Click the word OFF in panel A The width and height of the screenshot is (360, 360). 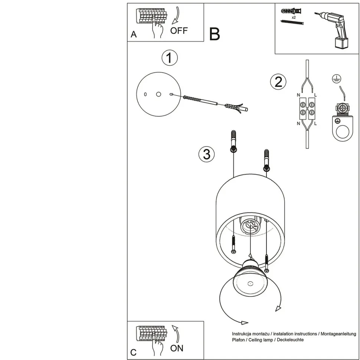coord(179,30)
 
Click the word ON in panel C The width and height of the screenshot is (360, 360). coord(177,348)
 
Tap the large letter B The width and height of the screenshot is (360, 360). coord(215,34)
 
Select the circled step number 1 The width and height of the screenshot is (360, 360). coord(170,58)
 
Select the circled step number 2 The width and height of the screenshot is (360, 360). coord(278,82)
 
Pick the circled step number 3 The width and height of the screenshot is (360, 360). coord(206,154)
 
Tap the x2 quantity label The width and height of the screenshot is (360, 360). coord(293,17)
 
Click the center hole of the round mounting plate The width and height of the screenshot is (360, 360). coord(158,95)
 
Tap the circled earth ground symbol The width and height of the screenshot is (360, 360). coord(337,78)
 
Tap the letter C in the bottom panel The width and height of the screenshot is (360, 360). coord(134,353)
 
